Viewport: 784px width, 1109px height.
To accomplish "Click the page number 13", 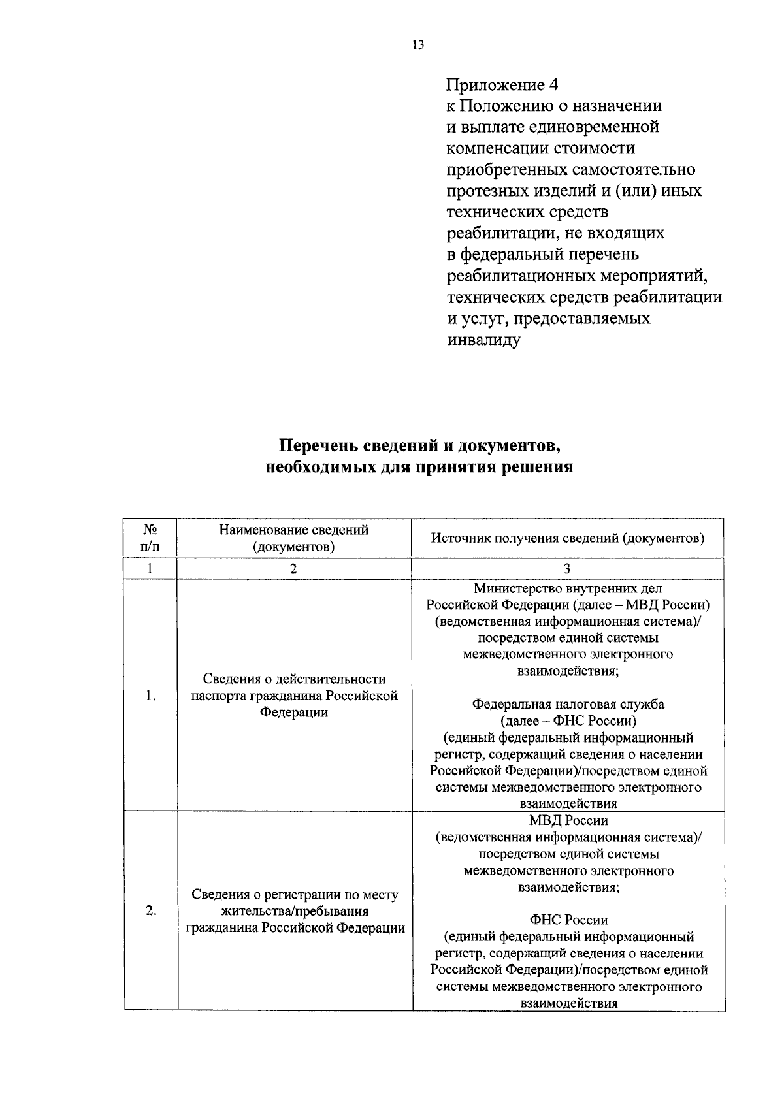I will click(418, 45).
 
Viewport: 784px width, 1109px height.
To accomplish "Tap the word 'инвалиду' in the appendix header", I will click(483, 340).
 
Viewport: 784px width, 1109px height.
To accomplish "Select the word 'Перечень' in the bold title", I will click(319, 446).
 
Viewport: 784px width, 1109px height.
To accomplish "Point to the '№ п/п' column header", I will click(150, 538).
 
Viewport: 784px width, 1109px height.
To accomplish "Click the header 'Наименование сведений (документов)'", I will click(294, 538).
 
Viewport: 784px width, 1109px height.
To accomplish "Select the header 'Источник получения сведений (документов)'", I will click(568, 538).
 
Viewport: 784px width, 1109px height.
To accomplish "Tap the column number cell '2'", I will click(294, 569).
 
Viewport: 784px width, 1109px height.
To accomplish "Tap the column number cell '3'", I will click(567, 569).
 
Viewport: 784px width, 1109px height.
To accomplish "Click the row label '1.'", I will click(151, 696).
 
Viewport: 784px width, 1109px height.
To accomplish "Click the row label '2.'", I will click(151, 910).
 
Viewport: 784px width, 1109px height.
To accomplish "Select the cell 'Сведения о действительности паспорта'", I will click(294, 696).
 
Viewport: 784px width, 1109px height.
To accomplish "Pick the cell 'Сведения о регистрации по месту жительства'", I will click(295, 910).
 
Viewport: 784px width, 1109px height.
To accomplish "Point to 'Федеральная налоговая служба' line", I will click(568, 704).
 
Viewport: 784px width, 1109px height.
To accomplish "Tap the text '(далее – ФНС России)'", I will click(568, 721).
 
